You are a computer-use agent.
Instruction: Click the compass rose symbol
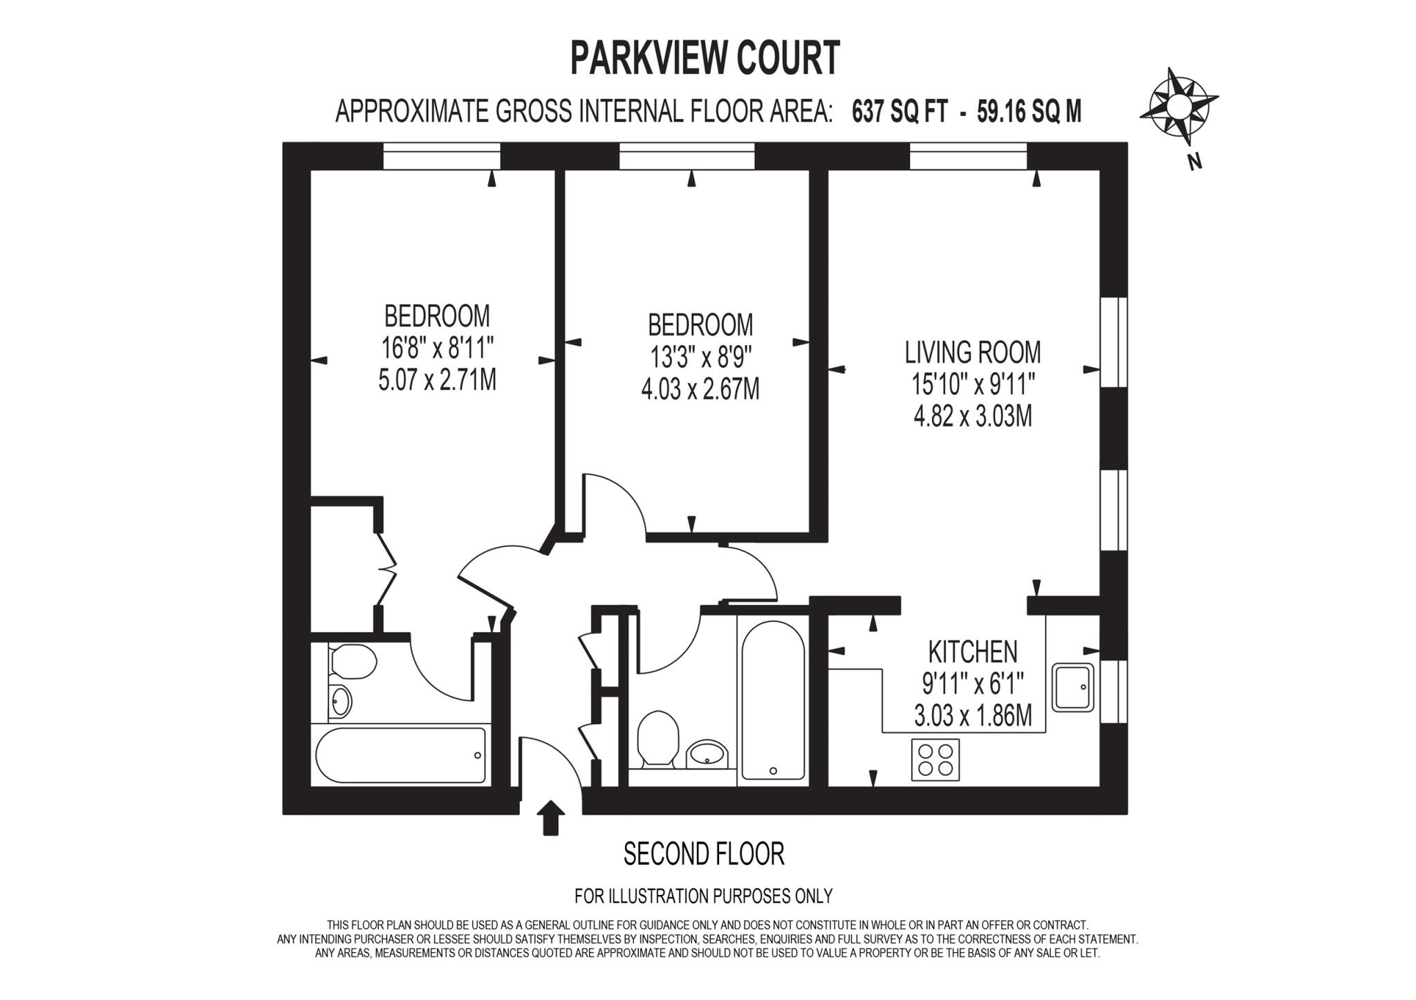tap(1178, 107)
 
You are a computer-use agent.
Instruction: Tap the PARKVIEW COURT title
tap(705, 57)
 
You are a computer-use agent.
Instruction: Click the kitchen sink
tap(1072, 687)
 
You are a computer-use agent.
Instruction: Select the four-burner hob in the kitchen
tap(935, 759)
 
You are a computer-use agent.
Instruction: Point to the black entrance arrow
tap(550, 817)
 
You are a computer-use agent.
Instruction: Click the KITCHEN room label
tap(972, 651)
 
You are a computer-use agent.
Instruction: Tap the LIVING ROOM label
tap(972, 353)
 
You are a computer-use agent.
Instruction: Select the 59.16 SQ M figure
tap(1029, 111)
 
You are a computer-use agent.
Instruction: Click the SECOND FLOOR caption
tap(704, 854)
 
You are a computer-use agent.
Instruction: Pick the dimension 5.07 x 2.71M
tap(437, 380)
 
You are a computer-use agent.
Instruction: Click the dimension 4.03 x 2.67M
tap(700, 389)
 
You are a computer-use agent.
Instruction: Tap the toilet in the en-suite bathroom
tap(353, 661)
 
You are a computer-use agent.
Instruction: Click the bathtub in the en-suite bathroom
tap(401, 754)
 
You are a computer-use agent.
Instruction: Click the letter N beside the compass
tap(1194, 162)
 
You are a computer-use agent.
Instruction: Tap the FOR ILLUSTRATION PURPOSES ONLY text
tap(703, 896)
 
